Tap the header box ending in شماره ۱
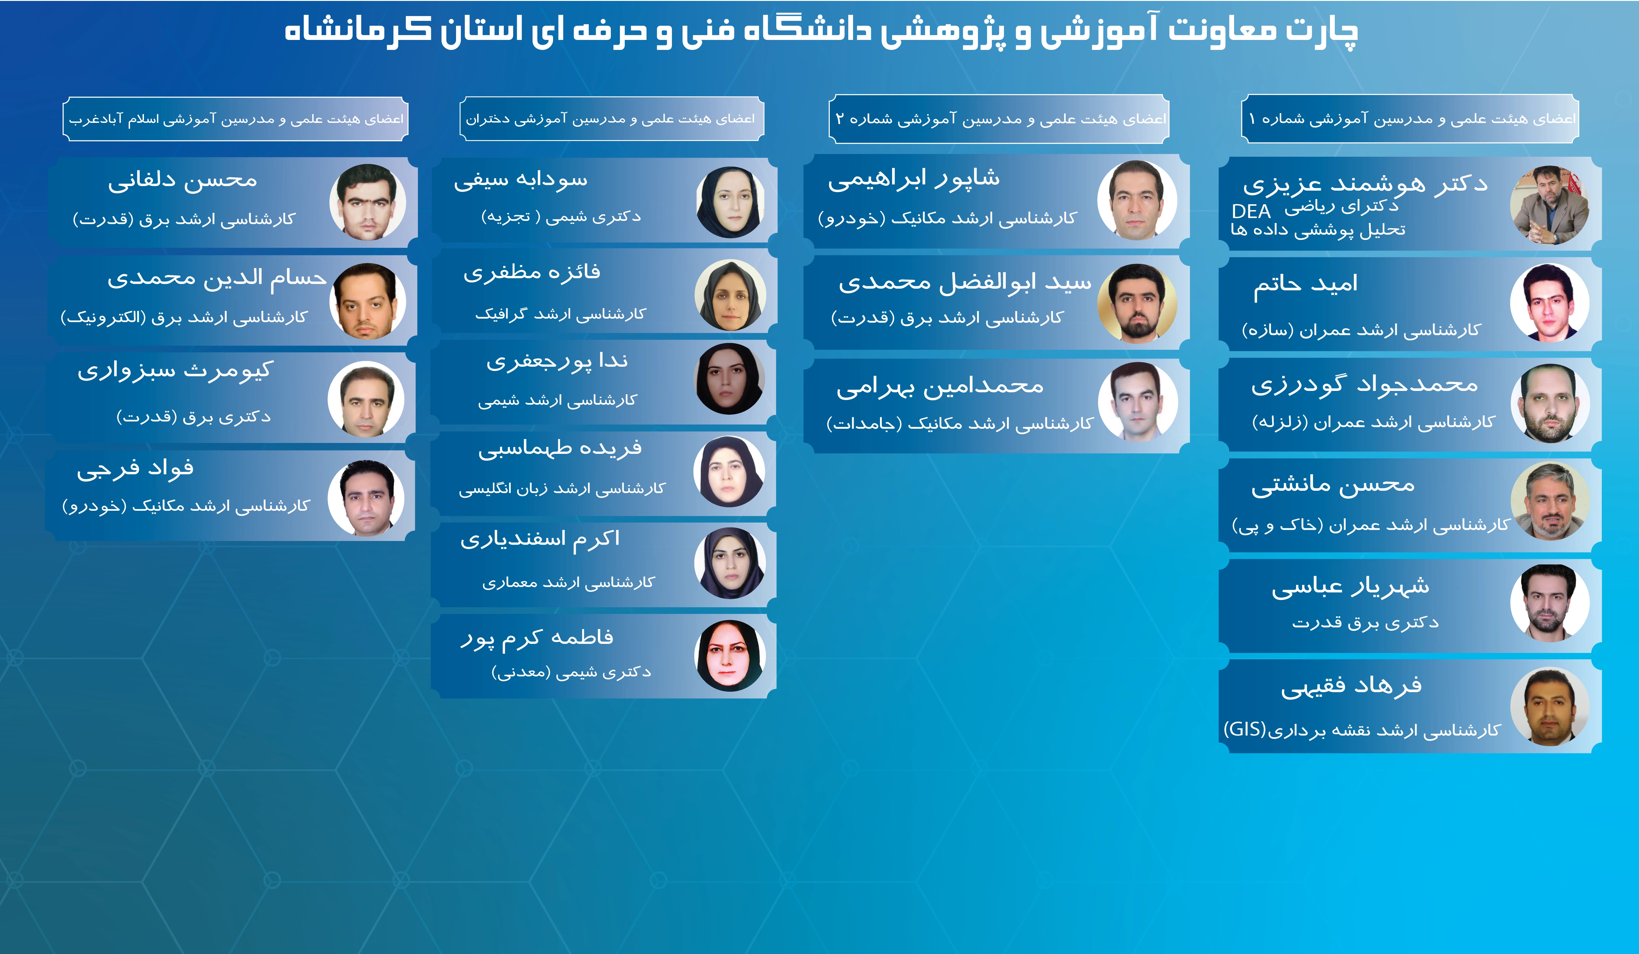coord(1410,118)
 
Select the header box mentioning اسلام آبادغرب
coord(236,118)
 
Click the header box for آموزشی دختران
coord(611,118)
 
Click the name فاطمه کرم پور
coord(537,638)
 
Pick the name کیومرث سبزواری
coord(174,371)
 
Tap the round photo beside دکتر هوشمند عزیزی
coord(1550,205)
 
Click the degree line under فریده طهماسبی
coord(562,488)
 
